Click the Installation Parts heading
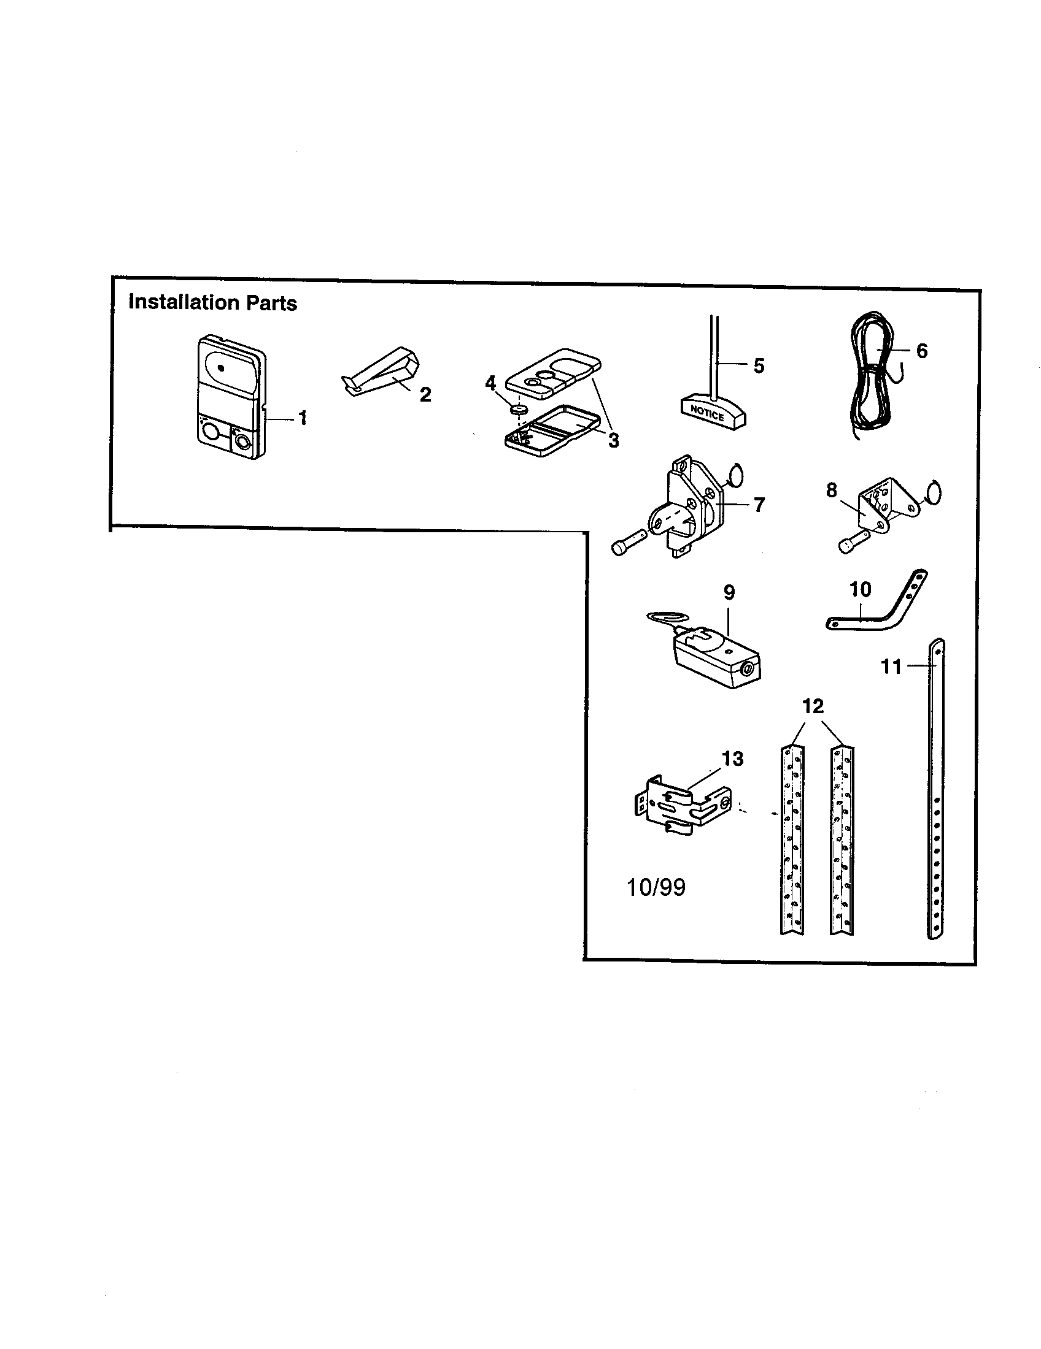click(x=212, y=303)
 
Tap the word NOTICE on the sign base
click(x=706, y=413)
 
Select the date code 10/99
click(x=656, y=888)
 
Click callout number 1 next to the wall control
click(x=302, y=418)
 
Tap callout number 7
click(x=759, y=505)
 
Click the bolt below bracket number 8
click(x=851, y=543)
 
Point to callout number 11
click(x=891, y=667)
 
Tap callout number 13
click(x=732, y=759)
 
